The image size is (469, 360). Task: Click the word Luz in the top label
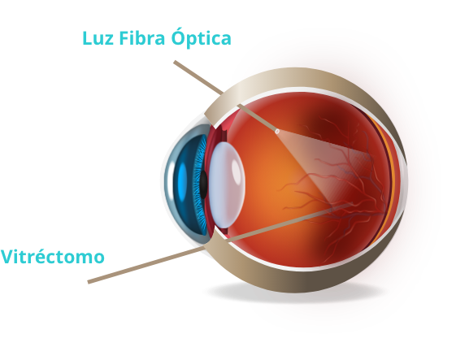(98, 38)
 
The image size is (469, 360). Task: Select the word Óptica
(202, 37)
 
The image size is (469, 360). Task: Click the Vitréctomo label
(53, 256)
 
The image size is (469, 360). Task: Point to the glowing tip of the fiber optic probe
(277, 132)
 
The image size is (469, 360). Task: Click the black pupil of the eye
(203, 184)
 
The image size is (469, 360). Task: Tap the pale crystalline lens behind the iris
(227, 184)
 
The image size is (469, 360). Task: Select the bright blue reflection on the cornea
(182, 183)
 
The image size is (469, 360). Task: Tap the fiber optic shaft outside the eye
(198, 78)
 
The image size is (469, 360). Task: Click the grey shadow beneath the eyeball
(294, 292)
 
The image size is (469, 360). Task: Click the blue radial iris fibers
(200, 185)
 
